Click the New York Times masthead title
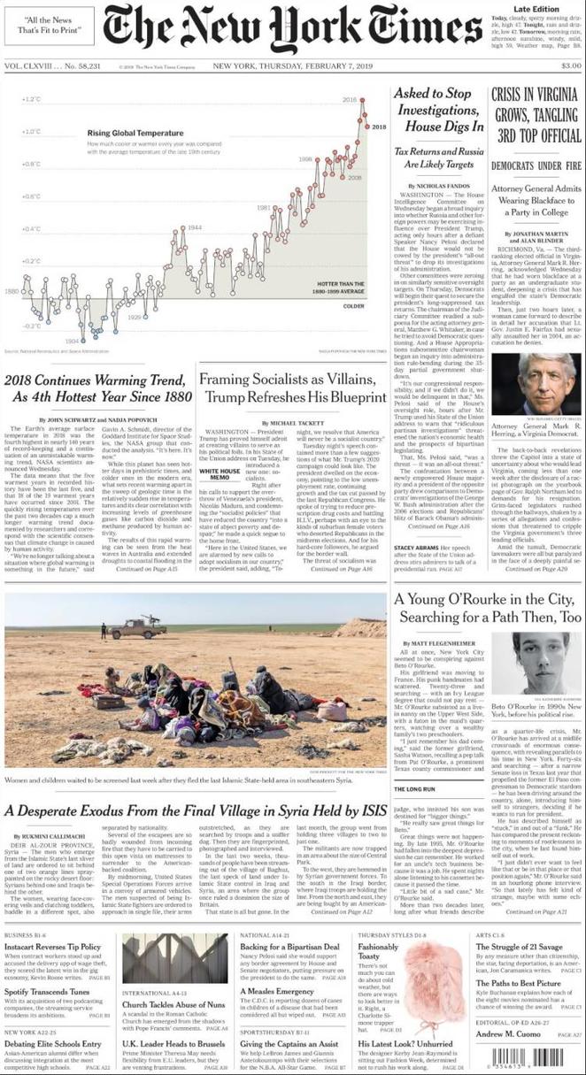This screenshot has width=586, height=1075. click(x=291, y=30)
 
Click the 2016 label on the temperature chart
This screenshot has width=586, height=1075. click(x=349, y=100)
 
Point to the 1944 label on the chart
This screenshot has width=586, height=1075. click(x=195, y=227)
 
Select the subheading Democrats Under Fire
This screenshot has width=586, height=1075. click(x=535, y=165)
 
